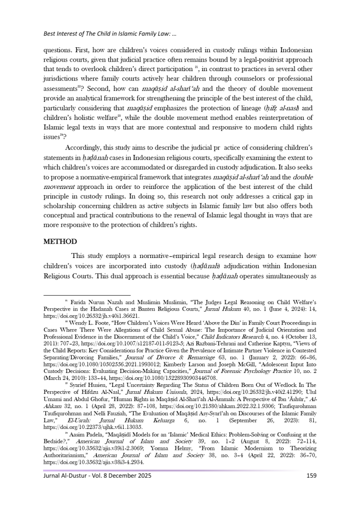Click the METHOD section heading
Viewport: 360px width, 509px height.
coord(60,242)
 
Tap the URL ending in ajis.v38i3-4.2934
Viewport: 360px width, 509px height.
coord(93,461)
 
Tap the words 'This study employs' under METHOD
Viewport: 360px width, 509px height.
coord(101,255)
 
